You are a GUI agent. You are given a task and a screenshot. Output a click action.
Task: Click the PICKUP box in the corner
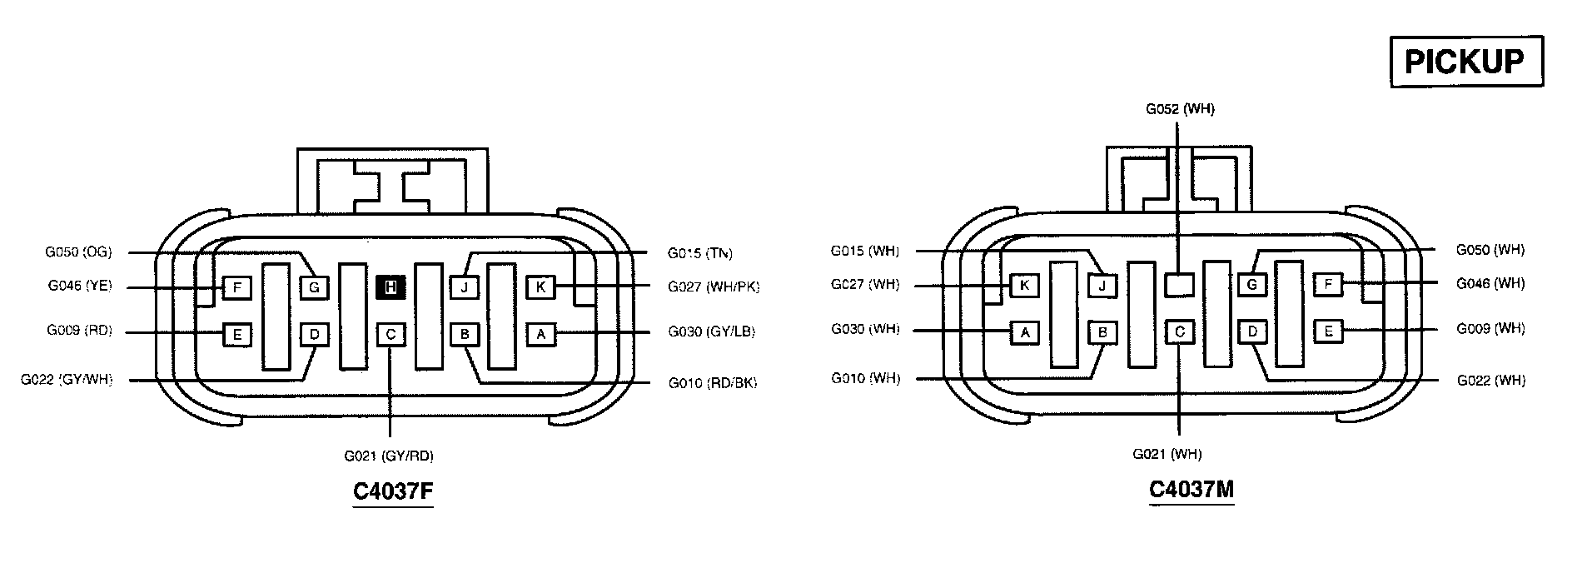[1465, 62]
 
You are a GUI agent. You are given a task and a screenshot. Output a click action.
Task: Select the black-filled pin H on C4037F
[391, 288]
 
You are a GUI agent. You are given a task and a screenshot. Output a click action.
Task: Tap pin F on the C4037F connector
[237, 288]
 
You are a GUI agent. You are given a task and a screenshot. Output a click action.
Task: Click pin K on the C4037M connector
[1025, 286]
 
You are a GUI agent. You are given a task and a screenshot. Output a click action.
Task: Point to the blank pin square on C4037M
[1179, 286]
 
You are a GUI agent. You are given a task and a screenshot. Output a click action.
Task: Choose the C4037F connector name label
[393, 491]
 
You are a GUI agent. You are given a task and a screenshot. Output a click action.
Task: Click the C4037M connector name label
[1191, 489]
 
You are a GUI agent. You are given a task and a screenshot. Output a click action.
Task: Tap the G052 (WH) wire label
[1180, 109]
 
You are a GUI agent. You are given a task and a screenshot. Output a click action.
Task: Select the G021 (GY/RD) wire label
[389, 456]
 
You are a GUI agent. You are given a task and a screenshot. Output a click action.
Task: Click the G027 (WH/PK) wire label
[714, 286]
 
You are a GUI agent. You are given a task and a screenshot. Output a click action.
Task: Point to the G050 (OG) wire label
[78, 252]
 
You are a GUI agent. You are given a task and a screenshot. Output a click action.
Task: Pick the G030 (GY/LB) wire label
[712, 331]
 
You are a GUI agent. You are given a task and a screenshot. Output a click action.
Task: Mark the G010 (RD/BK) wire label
[713, 383]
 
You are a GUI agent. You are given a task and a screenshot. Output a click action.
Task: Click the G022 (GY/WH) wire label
[67, 380]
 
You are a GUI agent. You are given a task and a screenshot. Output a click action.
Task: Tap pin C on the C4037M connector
[1179, 332]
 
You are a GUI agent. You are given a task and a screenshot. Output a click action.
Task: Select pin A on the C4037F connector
[541, 335]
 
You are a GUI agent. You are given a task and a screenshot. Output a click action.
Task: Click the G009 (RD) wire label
[79, 331]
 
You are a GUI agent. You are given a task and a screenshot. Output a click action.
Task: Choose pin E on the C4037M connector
[1329, 331]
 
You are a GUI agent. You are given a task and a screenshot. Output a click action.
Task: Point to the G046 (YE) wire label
[79, 286]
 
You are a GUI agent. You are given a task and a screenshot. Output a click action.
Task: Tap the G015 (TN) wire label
[700, 253]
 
